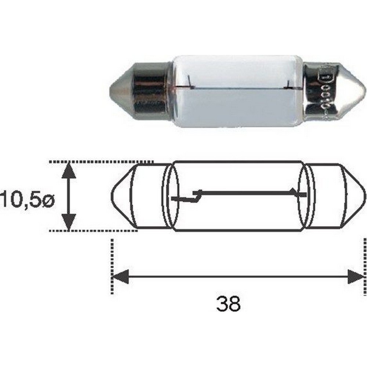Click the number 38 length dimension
point(228,303)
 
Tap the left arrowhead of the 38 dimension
point(120,276)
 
